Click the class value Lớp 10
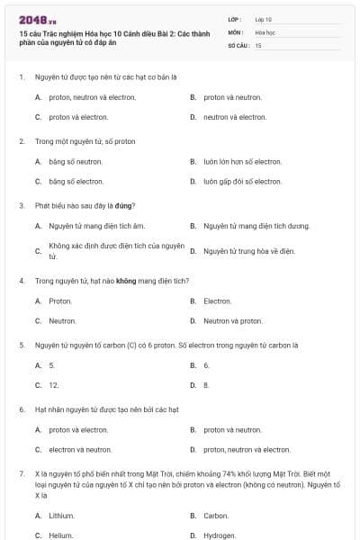pos(263,18)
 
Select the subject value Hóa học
pos(265,31)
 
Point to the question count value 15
pos(258,44)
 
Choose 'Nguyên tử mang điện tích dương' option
pos(256,226)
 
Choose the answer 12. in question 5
pos(54,384)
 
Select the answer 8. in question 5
pos(206,384)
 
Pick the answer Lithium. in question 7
pos(61,516)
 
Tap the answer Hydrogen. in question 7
pos(220,535)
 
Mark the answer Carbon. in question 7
pos(216,516)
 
